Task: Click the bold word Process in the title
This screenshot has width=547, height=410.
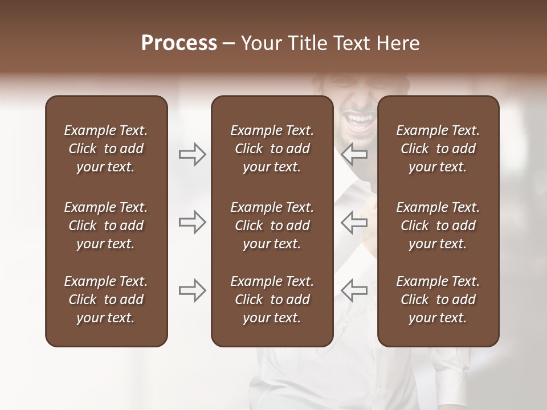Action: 179,43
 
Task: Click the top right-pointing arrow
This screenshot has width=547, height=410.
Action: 193,154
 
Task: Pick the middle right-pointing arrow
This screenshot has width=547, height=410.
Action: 193,222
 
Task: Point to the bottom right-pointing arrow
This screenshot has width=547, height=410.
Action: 193,290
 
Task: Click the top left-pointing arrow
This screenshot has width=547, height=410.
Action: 354,154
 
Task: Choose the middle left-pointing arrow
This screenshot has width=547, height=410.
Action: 354,222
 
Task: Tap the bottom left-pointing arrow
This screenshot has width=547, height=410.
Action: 354,290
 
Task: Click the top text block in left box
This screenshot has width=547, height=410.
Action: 106,149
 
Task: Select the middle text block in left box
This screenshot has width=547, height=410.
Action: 106,225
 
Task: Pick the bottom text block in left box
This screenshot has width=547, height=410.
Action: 106,300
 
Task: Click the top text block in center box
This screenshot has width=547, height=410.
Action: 272,149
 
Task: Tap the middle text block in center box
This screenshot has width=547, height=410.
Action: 272,225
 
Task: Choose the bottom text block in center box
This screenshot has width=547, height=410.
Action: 272,300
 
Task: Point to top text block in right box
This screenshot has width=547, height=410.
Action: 438,149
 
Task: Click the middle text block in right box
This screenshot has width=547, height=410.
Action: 438,225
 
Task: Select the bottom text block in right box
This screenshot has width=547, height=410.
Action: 438,300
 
